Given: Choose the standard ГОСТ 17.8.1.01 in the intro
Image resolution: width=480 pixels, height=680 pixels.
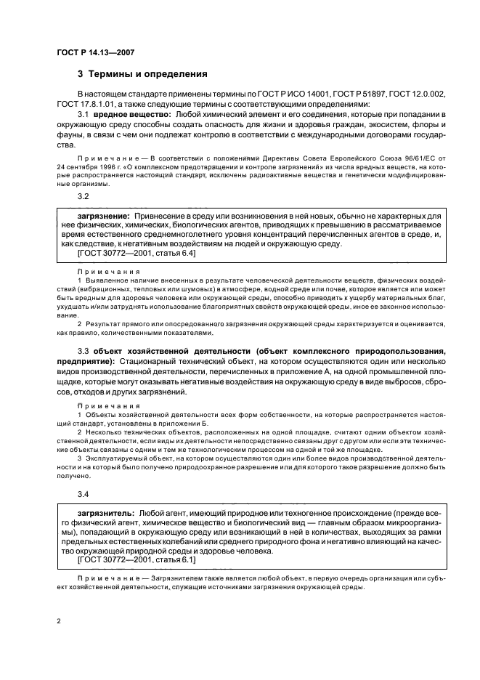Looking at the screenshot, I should (84, 105).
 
